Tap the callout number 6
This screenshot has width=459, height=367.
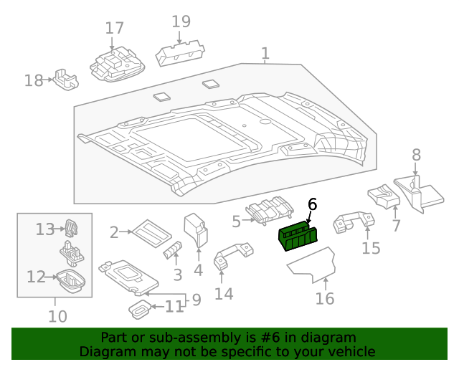tap(312, 205)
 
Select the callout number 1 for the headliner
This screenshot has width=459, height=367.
tap(265, 53)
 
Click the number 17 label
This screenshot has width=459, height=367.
tap(114, 29)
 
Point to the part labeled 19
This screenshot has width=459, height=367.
tap(179, 51)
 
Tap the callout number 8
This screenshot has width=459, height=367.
tap(416, 154)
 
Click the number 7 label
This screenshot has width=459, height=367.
tap(395, 227)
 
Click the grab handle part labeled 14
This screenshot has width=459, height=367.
tap(232, 255)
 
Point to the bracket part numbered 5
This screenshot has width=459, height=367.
tap(270, 209)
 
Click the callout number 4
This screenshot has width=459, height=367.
tap(198, 270)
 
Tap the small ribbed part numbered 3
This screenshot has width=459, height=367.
tap(173, 250)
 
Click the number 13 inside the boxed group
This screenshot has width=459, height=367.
tap(45, 229)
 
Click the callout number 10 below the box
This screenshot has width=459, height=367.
tap(57, 316)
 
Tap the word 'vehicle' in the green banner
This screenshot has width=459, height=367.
tap(351, 352)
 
